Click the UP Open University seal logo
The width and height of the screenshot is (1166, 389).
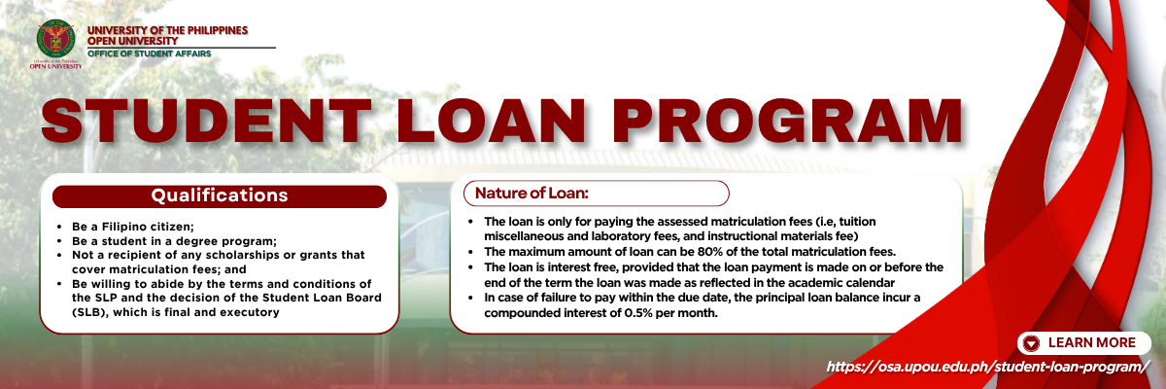55,39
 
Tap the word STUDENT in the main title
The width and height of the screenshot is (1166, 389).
207,121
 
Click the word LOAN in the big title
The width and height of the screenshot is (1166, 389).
493,121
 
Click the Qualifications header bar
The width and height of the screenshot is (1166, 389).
220,195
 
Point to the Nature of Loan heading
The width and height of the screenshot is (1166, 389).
532,194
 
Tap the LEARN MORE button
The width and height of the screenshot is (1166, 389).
1083,342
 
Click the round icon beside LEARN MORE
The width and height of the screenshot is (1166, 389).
1031,343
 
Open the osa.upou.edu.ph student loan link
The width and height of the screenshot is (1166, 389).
987,368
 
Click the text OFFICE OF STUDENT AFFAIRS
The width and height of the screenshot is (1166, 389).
150,53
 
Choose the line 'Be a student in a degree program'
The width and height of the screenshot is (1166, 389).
174,241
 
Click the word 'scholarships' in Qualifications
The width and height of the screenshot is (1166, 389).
241,255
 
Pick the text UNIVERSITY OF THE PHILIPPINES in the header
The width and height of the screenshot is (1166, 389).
167,30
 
